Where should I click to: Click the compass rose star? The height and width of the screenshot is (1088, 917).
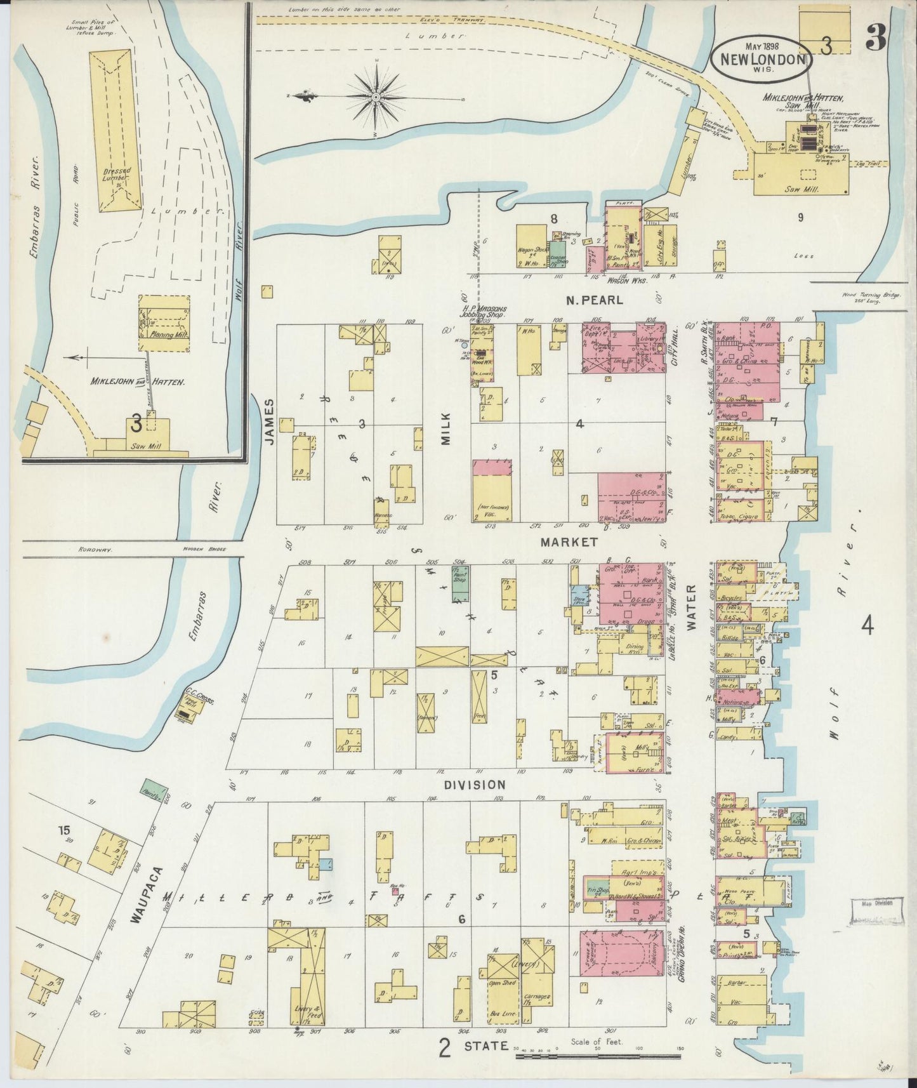[x=376, y=96]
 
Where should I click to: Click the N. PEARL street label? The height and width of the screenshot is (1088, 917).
[x=595, y=300]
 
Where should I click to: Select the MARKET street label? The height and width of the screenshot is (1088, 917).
[x=569, y=542]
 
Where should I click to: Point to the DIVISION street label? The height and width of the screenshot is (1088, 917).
[x=475, y=785]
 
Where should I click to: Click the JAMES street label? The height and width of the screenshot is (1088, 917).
[x=269, y=421]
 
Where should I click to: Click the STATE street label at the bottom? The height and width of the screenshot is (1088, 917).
[x=485, y=1045]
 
